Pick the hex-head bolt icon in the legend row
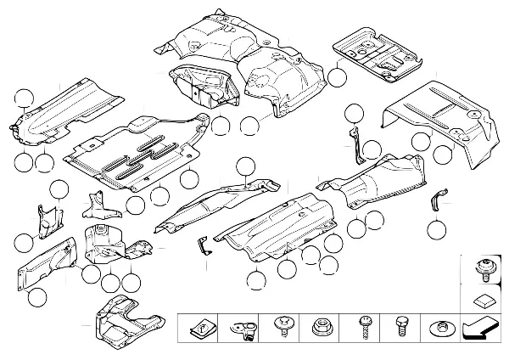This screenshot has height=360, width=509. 402,326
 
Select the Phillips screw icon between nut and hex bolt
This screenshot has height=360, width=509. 363,326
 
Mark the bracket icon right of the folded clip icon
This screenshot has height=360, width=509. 245,326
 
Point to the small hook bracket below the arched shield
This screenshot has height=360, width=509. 437,201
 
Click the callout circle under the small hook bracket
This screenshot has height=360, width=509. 436,228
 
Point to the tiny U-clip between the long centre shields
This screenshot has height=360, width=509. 202,245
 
